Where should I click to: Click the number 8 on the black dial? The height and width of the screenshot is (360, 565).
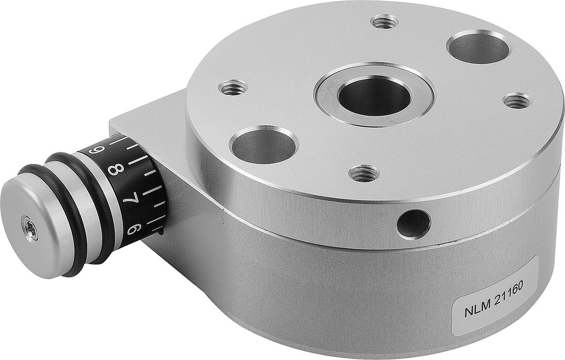[114, 169]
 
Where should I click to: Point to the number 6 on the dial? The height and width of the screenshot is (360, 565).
[133, 229]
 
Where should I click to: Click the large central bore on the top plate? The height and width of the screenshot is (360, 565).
[374, 96]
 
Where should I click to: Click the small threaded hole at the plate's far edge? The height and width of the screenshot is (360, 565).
[384, 21]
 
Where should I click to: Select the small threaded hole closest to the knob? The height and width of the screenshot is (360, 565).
[233, 87]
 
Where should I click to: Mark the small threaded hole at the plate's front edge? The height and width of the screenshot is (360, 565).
[363, 173]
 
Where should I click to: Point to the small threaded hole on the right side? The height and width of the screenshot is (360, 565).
[517, 100]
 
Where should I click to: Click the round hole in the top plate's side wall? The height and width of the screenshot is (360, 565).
[413, 223]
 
